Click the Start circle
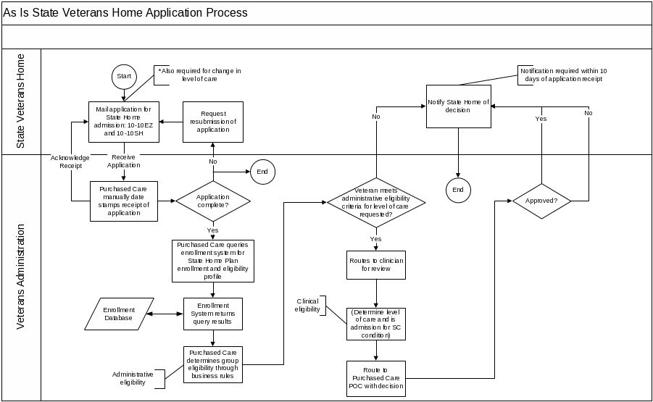coord(124,75)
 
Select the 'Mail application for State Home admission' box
coord(124,121)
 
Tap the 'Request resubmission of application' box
coord(213,122)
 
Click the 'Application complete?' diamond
coord(213,201)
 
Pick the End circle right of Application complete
coord(262,172)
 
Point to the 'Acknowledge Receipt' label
coord(70,162)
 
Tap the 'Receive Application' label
coord(124,161)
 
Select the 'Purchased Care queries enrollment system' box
coord(212,261)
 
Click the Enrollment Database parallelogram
coord(119,314)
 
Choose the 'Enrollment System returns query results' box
coord(212,314)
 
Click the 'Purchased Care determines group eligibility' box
coord(212,364)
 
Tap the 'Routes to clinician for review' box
coord(375,264)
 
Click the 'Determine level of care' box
coord(375,322)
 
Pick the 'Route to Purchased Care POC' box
coord(375,377)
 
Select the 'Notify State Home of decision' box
coord(458,106)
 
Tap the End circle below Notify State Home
coord(458,189)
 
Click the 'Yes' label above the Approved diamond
coord(541,118)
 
